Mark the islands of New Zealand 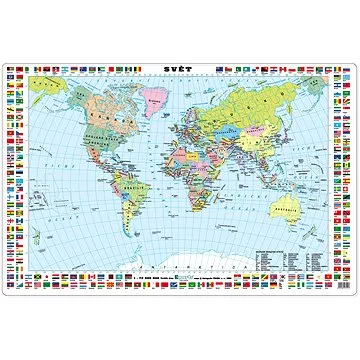click(x=331, y=225)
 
